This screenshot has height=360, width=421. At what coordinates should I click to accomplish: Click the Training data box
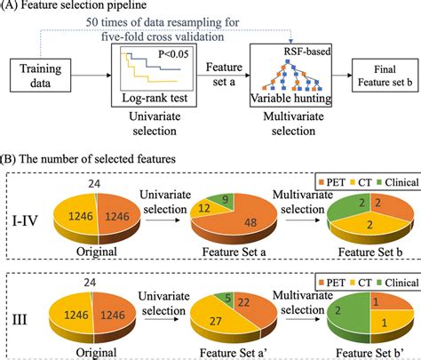click(x=41, y=76)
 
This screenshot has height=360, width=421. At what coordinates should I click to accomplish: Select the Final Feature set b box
click(x=385, y=76)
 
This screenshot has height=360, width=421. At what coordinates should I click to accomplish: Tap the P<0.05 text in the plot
click(x=173, y=53)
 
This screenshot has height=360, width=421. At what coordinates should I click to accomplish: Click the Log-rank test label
click(x=155, y=98)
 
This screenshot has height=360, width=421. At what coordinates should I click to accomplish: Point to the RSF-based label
click(x=307, y=52)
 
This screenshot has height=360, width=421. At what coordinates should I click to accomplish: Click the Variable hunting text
click(x=291, y=98)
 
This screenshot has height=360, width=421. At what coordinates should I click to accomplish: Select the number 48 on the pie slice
click(x=250, y=222)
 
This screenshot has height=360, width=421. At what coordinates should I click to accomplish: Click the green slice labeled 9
click(x=223, y=199)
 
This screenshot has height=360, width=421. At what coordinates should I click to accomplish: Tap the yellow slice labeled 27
click(x=219, y=318)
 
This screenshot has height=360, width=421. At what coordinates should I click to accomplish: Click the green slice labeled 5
click(x=226, y=297)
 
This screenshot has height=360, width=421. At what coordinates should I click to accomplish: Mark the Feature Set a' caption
click(x=234, y=353)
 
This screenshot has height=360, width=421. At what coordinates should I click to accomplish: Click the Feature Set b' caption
click(x=370, y=353)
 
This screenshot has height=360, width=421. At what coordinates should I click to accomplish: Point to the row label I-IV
click(x=25, y=220)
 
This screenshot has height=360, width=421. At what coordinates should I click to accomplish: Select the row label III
click(x=20, y=320)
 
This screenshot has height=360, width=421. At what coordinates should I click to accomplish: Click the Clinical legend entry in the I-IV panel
click(x=398, y=182)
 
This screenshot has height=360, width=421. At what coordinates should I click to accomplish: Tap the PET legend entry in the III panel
click(x=331, y=283)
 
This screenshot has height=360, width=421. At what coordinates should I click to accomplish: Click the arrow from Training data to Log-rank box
click(x=91, y=76)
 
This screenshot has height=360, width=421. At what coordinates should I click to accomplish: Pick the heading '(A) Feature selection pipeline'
click(x=74, y=5)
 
